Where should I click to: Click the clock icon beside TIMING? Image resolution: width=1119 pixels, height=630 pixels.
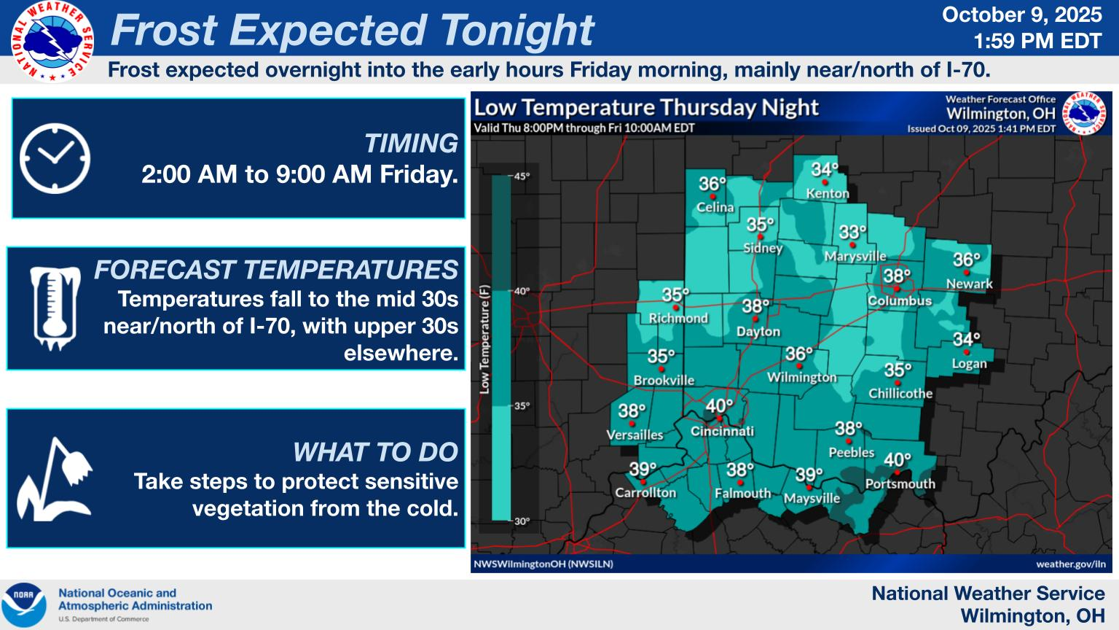tap(55, 158)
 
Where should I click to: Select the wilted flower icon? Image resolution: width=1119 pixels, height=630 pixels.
tap(55, 479)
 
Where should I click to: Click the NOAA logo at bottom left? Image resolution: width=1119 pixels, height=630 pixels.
tap(24, 604)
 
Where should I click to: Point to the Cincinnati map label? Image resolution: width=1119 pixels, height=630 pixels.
tap(722, 431)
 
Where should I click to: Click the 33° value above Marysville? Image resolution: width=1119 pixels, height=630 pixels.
tap(852, 233)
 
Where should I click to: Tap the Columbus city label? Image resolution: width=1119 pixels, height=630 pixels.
tap(900, 300)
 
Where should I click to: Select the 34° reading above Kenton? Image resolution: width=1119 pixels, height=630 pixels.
tap(825, 170)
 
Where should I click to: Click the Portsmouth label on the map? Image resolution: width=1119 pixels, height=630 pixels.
tap(900, 483)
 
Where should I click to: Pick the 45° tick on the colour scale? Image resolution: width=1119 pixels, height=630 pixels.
tap(522, 176)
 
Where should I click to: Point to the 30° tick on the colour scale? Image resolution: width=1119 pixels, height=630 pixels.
tap(522, 521)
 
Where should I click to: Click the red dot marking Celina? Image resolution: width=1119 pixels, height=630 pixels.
tap(712, 196)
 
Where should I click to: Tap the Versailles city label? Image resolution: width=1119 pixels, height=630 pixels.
tap(635, 435)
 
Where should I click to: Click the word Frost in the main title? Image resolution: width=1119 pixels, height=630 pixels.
tap(164, 31)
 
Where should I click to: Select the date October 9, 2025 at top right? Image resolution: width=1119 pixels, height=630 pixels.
tap(1022, 15)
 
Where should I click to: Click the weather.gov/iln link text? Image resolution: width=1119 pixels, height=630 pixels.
tap(1070, 564)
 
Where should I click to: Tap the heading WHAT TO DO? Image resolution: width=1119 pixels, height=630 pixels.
tap(375, 452)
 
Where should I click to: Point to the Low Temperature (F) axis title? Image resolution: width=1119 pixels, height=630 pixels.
tap(484, 339)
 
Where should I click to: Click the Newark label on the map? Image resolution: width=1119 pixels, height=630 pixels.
tap(969, 284)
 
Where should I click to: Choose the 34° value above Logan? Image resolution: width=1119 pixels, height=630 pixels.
tap(966, 339)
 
